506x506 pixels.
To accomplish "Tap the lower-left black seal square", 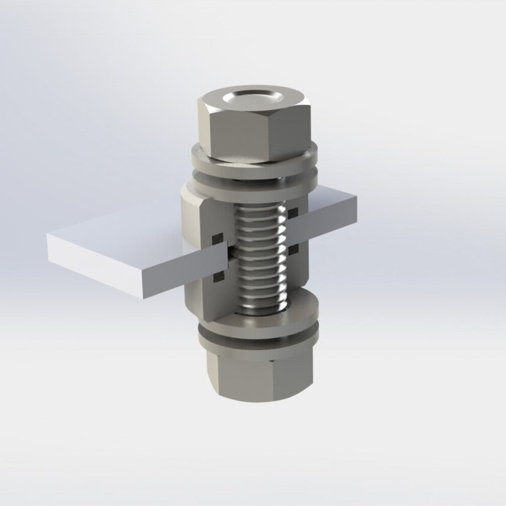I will pos(218,276).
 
